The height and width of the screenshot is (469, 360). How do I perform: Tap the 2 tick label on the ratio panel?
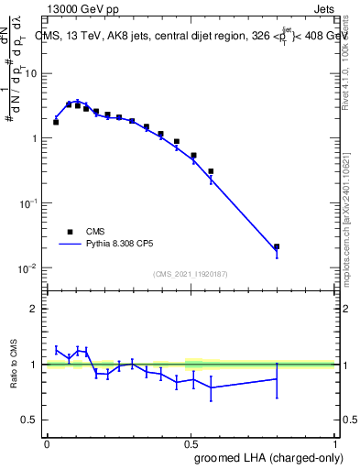pos(37,309)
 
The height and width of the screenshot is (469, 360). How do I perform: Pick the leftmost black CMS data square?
pos(56,122)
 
